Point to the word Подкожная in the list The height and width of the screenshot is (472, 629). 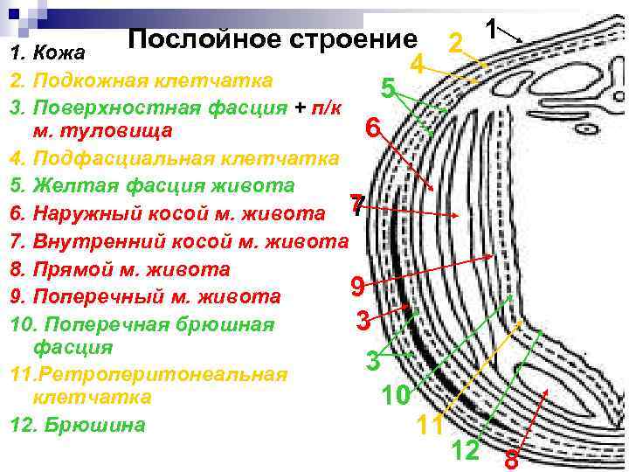[86, 82]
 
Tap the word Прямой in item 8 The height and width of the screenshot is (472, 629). [73, 269]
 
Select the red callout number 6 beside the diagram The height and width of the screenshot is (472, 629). [373, 128]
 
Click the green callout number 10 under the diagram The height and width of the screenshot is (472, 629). [395, 396]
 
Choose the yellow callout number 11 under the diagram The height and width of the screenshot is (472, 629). [429, 426]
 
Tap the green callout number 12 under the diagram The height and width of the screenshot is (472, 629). [466, 450]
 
